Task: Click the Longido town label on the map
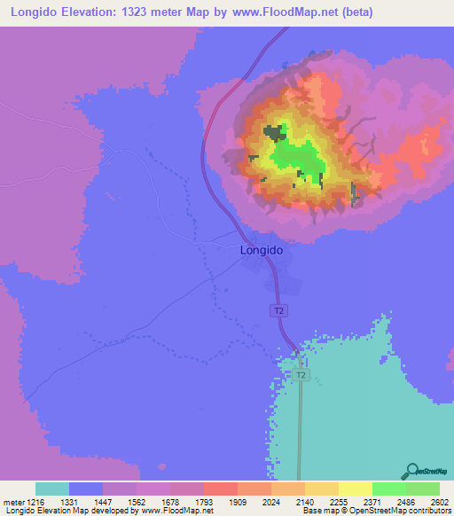pos(262,251)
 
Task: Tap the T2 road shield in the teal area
pos(301,375)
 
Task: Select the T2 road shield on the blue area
pos(278,310)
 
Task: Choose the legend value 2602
pos(439,501)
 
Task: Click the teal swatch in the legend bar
pos(51,489)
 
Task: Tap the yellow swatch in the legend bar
pos(355,489)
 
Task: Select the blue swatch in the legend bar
pos(86,489)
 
